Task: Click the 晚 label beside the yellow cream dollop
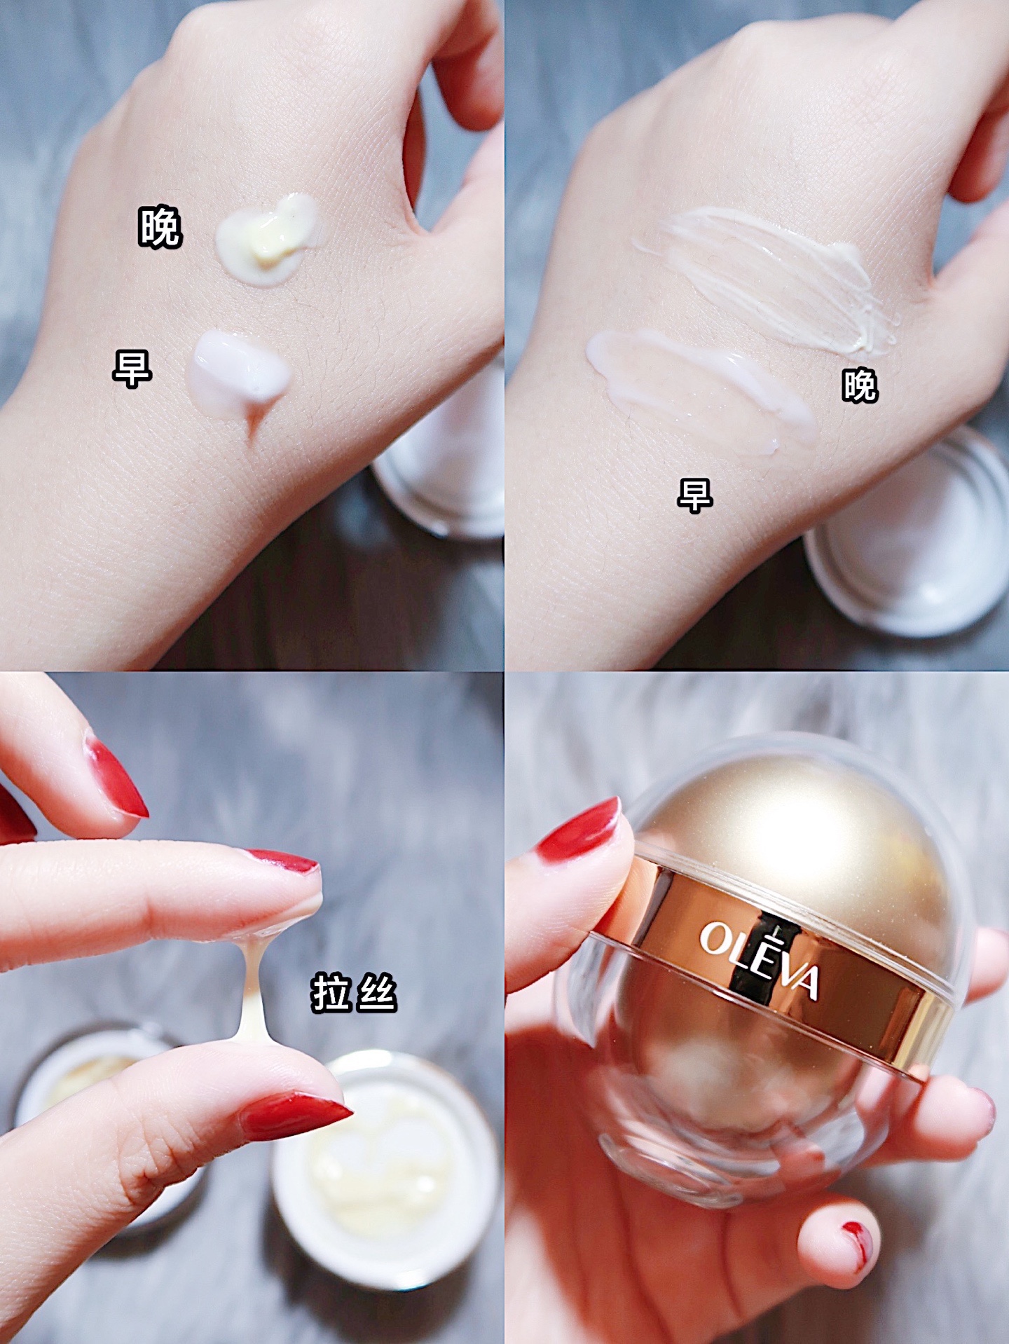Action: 160,226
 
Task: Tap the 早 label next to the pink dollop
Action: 132,369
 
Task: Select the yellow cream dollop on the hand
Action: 268,238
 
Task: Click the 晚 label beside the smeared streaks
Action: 860,385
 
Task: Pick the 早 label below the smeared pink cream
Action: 695,495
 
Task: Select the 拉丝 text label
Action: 354,994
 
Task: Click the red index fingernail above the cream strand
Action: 282,861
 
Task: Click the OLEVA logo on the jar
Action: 760,958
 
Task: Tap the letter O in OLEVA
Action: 715,937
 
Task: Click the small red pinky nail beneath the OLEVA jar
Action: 857,1239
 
